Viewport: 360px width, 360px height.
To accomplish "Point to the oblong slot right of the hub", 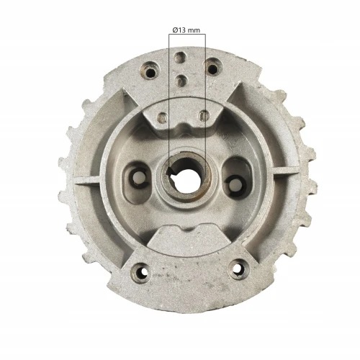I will pos(233,179).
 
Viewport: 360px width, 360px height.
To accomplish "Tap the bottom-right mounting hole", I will pos(235,271).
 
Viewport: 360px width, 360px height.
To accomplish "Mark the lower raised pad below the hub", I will pos(189,238).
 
